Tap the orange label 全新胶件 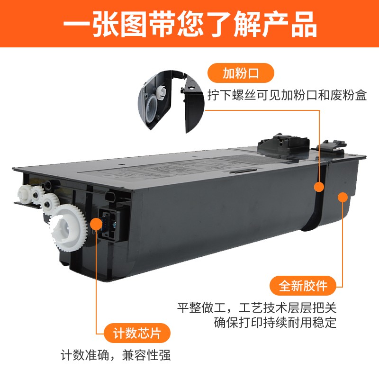click(303, 286)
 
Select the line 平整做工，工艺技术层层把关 click(257, 308)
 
